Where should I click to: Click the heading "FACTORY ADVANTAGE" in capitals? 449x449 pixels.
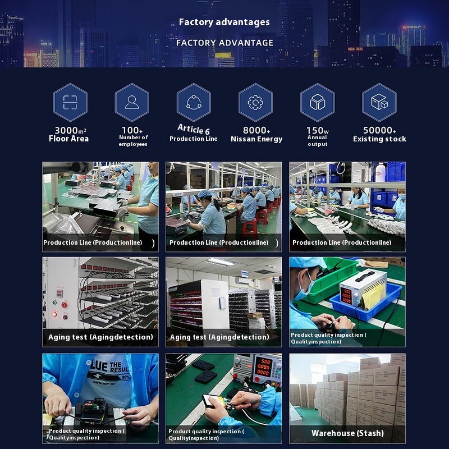pyautogui.click(x=224, y=43)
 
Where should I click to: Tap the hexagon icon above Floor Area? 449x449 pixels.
pyautogui.click(x=70, y=103)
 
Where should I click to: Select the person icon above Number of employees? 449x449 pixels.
pyautogui.click(x=132, y=102)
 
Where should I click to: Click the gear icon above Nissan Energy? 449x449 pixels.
pyautogui.click(x=255, y=102)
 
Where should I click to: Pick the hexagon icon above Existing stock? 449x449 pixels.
pyautogui.click(x=379, y=103)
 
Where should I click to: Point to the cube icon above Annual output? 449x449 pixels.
pyautogui.click(x=318, y=102)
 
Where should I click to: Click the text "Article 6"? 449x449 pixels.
pyautogui.click(x=194, y=129)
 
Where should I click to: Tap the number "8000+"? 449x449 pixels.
pyautogui.click(x=256, y=130)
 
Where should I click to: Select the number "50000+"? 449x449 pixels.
pyautogui.click(x=379, y=130)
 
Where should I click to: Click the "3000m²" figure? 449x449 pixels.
pyautogui.click(x=70, y=131)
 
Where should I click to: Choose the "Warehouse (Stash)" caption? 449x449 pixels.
pyautogui.click(x=347, y=433)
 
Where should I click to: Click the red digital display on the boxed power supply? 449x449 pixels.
pyautogui.click(x=346, y=295)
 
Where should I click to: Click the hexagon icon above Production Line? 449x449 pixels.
pyautogui.click(x=194, y=103)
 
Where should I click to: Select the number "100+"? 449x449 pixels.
pyautogui.click(x=132, y=130)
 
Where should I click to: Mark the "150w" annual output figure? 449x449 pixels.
pyautogui.click(x=318, y=131)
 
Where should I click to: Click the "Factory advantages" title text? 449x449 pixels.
pyautogui.click(x=224, y=22)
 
